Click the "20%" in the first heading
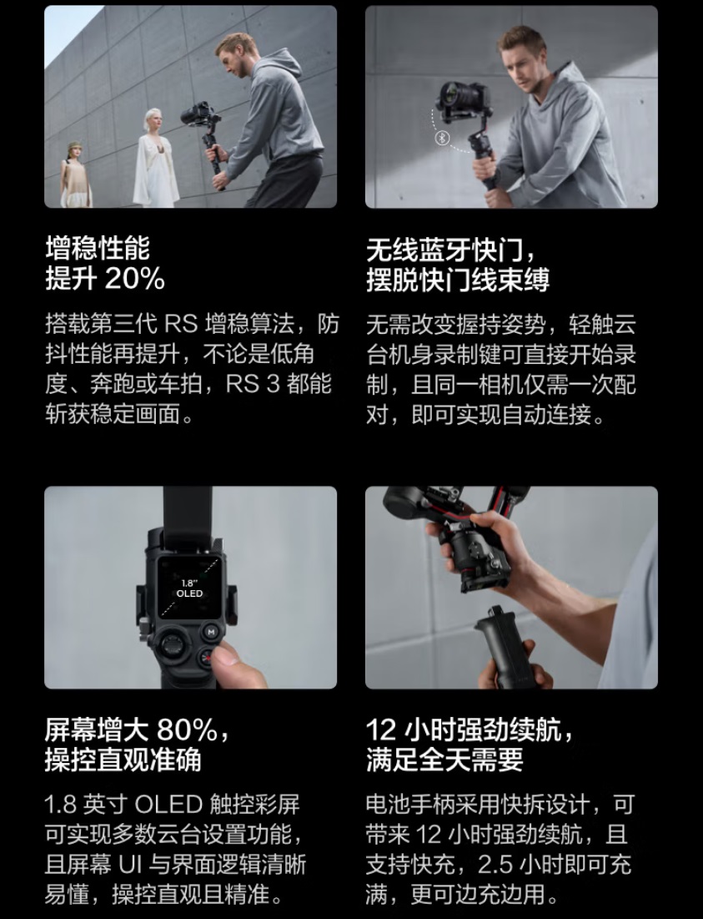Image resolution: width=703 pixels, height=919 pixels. (135, 279)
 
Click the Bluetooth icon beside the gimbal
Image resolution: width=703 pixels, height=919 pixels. (444, 138)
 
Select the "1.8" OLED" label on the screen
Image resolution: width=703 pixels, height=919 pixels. (189, 588)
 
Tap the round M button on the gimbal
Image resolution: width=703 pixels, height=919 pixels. (210, 632)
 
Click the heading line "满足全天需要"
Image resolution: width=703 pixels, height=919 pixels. (444, 760)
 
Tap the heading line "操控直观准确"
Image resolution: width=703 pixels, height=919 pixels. (123, 760)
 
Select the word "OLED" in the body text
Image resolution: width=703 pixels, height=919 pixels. (168, 805)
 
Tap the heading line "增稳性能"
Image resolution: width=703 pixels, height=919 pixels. (98, 249)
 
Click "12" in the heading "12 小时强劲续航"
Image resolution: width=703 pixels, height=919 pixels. (380, 730)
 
